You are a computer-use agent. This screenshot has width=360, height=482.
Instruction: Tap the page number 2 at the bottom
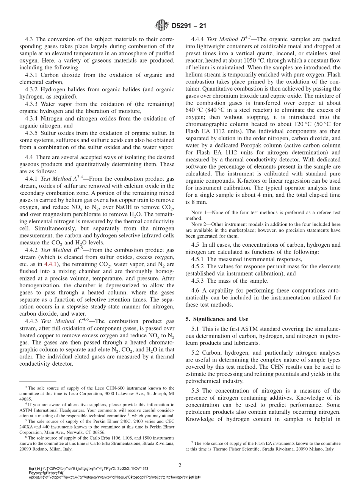coord(180,465)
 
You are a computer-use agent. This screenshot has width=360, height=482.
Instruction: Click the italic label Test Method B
coord(57,250)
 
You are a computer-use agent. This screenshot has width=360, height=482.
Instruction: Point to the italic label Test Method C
coord(57,321)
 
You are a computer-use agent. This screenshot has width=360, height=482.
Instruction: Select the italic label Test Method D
coord(223,39)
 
